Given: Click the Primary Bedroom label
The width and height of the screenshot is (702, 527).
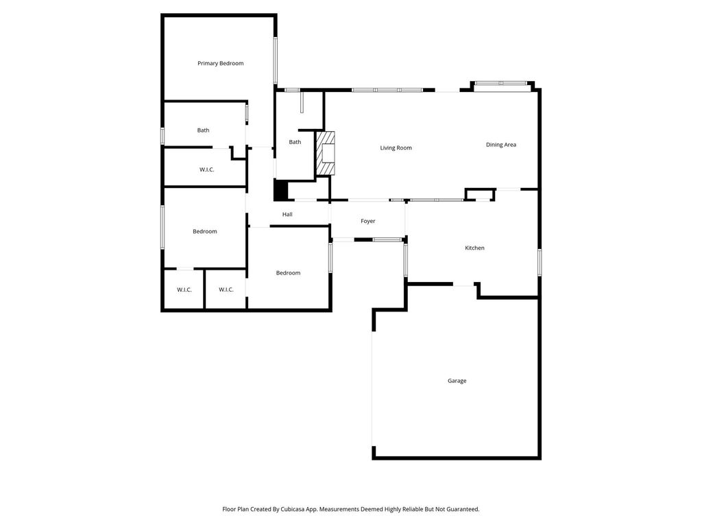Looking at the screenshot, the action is click(221, 63).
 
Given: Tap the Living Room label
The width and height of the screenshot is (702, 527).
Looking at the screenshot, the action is click(396, 148).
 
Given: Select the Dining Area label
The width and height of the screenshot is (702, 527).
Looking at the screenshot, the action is click(501, 145).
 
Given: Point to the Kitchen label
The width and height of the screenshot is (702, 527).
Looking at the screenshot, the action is click(474, 248).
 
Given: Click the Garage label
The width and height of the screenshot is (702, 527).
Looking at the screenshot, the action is click(457, 381).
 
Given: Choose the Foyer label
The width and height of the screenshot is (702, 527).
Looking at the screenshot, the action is click(368, 221).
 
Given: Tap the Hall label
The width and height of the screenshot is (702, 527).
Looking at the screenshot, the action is click(287, 214).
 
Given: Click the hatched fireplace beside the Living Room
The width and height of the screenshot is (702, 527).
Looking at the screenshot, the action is click(326, 153).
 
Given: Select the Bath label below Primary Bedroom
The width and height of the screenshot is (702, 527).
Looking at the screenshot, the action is click(203, 130).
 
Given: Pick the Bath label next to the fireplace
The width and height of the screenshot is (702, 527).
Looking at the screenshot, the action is click(295, 142).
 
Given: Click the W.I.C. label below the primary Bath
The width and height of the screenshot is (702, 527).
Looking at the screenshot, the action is click(207, 169).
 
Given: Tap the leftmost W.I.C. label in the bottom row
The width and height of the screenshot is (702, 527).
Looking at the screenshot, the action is click(184, 290).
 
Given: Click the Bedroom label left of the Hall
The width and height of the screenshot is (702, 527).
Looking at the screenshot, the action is click(205, 231).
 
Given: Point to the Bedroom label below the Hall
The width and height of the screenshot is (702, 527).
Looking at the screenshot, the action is click(289, 273).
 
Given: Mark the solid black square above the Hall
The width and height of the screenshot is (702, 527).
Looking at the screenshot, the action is click(280, 190).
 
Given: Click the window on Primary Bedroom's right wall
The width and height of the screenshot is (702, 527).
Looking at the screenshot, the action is click(276, 60).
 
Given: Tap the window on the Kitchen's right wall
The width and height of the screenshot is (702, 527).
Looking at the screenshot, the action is click(540, 262).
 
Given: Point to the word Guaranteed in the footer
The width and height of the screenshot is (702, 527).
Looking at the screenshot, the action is click(463, 509).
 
